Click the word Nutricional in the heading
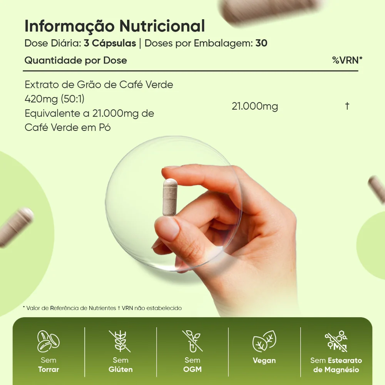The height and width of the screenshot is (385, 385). click(162, 26)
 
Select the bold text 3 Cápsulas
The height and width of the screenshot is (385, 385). click(110, 43)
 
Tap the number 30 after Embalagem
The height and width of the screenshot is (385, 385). click(261, 43)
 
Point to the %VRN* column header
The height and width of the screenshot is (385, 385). click(347, 60)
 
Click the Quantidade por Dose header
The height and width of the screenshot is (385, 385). click(75, 60)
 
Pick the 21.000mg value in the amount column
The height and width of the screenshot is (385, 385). click(255, 106)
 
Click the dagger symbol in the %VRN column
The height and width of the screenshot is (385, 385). click(347, 106)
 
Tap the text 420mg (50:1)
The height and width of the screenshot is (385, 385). click(55, 99)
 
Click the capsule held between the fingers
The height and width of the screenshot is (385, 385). click(170, 197)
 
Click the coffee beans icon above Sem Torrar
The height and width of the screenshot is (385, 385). click(49, 341)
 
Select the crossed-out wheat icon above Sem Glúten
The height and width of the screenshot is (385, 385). click(120, 341)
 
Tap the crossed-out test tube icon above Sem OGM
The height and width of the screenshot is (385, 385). click(192, 341)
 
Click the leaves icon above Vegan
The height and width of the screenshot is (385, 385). click(264, 341)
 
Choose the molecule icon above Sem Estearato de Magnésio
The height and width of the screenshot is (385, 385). click(336, 341)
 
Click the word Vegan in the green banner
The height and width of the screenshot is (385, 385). click(264, 360)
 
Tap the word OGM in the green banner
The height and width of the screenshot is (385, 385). click(192, 369)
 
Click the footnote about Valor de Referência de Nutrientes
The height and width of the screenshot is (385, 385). click(102, 308)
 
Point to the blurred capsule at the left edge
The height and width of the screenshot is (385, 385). click(15, 226)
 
